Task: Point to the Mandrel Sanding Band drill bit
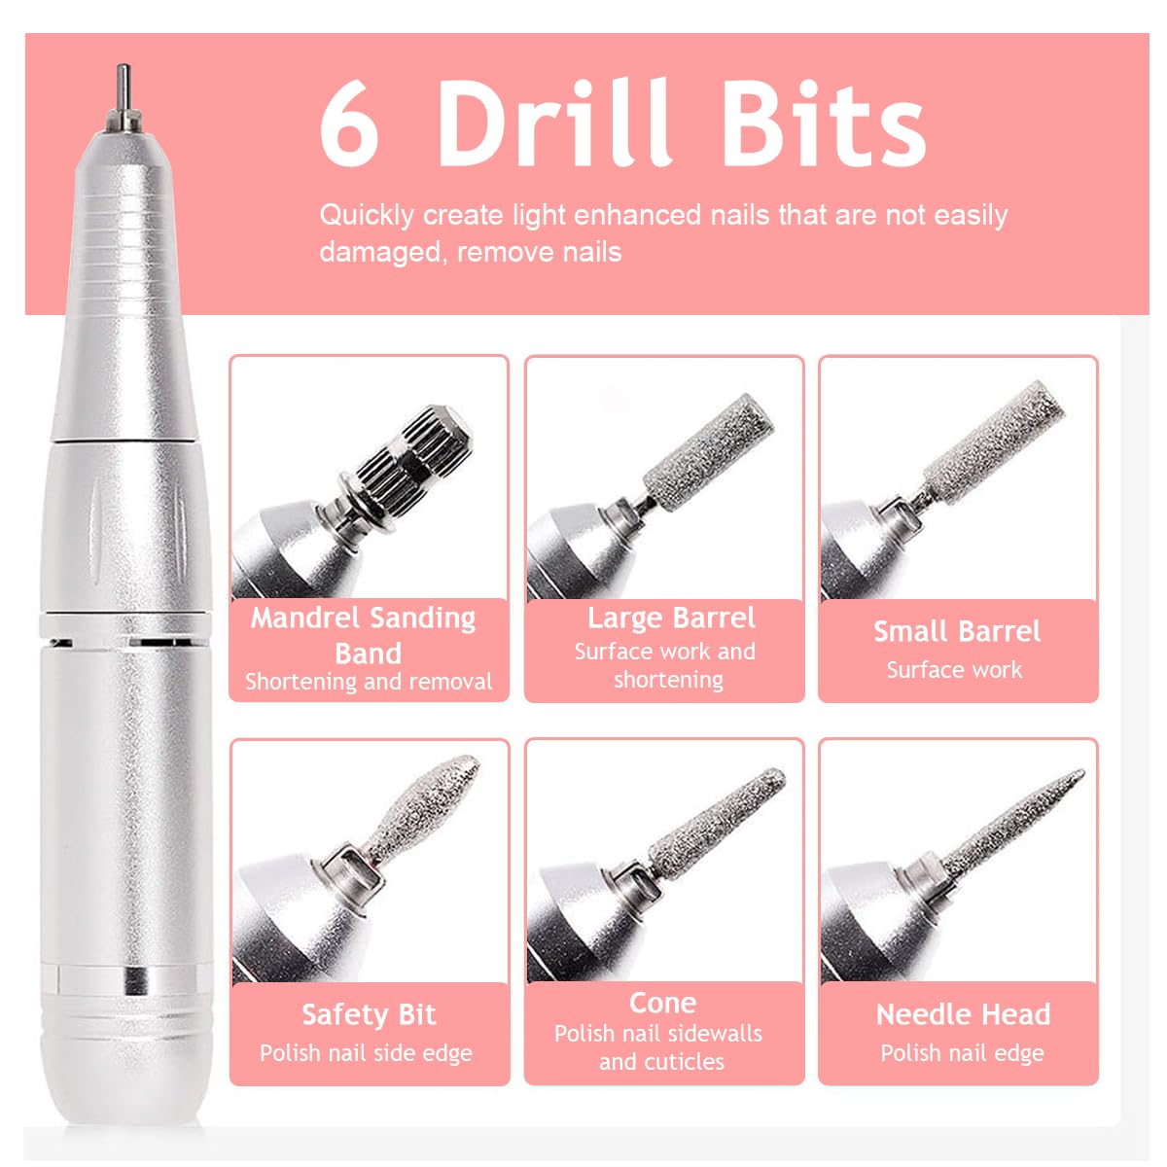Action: (x=414, y=457)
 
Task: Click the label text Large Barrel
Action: (x=671, y=619)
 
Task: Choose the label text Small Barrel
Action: (x=957, y=632)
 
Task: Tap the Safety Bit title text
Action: (x=369, y=1015)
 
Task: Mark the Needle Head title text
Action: (x=963, y=1015)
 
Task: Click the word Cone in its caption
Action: (x=662, y=1003)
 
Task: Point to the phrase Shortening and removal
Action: (x=369, y=682)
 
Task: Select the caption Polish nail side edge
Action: (x=366, y=1053)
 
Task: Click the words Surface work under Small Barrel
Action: (x=954, y=670)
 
